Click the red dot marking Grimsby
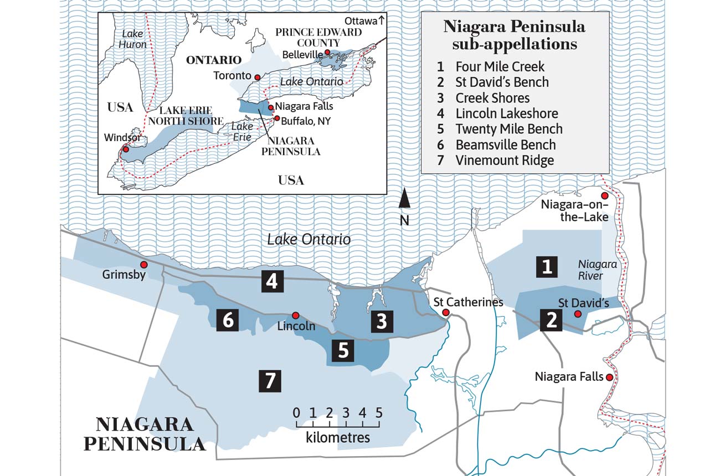click(x=143, y=264)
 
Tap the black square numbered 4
click(x=271, y=282)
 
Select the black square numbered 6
click(x=228, y=320)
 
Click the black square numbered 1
click(x=547, y=267)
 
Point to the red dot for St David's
click(x=578, y=314)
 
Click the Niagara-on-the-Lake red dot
click(x=605, y=196)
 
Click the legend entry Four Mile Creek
click(x=500, y=66)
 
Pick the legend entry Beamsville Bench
click(x=505, y=145)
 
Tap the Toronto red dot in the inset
click(x=256, y=76)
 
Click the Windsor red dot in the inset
click(x=126, y=148)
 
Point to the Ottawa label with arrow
click(x=364, y=20)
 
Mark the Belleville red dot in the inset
click(x=327, y=53)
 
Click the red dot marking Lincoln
click(x=296, y=314)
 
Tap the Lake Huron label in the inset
click(x=133, y=39)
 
